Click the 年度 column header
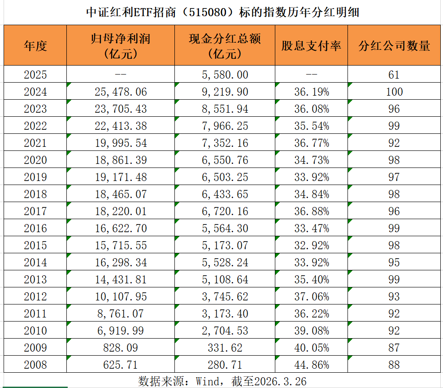pyautogui.click(x=35, y=46)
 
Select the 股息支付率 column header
pyautogui.click(x=312, y=46)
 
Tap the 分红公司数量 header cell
pyautogui.click(x=395, y=46)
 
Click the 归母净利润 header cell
pyautogui.click(x=120, y=46)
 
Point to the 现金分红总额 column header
pyautogui.click(x=225, y=46)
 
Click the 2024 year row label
pyautogui.click(x=35, y=92)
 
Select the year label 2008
pyautogui.click(x=35, y=364)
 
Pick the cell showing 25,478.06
pyautogui.click(x=121, y=92)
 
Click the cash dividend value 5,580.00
pyautogui.click(x=225, y=75)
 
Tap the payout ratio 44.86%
pyautogui.click(x=312, y=364)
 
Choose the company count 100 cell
pyautogui.click(x=394, y=92)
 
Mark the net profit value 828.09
pyautogui.click(x=121, y=348)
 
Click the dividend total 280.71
pyautogui.click(x=225, y=364)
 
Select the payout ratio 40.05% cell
pyautogui.click(x=312, y=348)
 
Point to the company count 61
pyautogui.click(x=394, y=75)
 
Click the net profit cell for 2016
pyautogui.click(x=121, y=228)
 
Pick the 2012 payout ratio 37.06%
pyautogui.click(x=312, y=296)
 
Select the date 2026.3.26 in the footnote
pyautogui.click(x=280, y=381)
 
